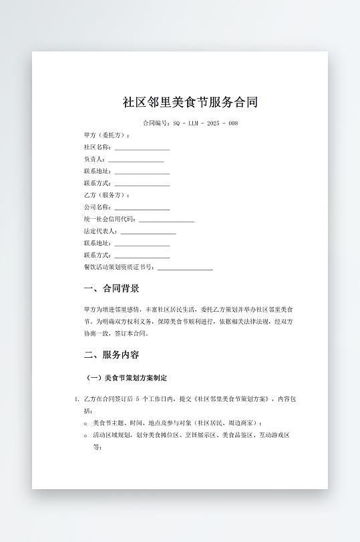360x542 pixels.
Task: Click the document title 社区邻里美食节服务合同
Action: click(190, 102)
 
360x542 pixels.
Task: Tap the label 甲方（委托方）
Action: click(107, 135)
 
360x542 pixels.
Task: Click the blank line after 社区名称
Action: click(142, 148)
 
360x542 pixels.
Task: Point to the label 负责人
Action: click(94, 160)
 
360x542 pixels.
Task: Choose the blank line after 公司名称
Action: click(142, 208)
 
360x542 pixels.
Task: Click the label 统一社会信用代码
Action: click(110, 220)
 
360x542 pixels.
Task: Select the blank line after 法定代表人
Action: click(148, 232)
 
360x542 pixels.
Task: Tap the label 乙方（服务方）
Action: click(107, 196)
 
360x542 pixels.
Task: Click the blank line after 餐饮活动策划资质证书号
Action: click(185, 268)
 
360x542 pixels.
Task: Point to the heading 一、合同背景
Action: click(112, 289)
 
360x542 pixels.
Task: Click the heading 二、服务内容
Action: click(112, 354)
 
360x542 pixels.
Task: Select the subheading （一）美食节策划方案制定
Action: click(127, 378)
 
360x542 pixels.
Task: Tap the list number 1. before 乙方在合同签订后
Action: click(77, 399)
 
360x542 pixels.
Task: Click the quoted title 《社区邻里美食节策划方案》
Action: click(230, 399)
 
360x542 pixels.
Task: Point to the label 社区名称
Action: click(98, 148)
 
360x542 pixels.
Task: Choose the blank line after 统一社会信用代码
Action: click(166, 220)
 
